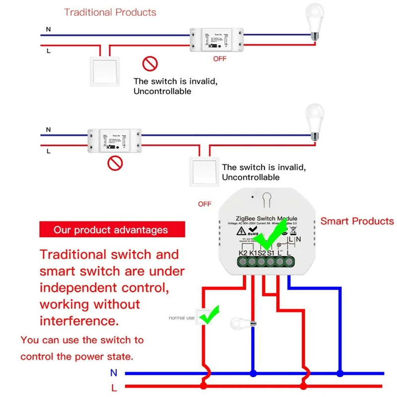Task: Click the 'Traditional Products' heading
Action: click(110, 12)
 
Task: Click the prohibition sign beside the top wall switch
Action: click(149, 64)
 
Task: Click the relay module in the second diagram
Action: click(114, 140)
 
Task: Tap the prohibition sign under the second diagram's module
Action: click(115, 163)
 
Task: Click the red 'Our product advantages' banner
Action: click(111, 230)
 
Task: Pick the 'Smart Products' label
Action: click(357, 221)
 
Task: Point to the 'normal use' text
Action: click(182, 318)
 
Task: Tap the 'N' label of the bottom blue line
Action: click(114, 373)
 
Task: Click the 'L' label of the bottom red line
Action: click(114, 387)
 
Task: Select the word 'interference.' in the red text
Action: click(79, 321)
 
